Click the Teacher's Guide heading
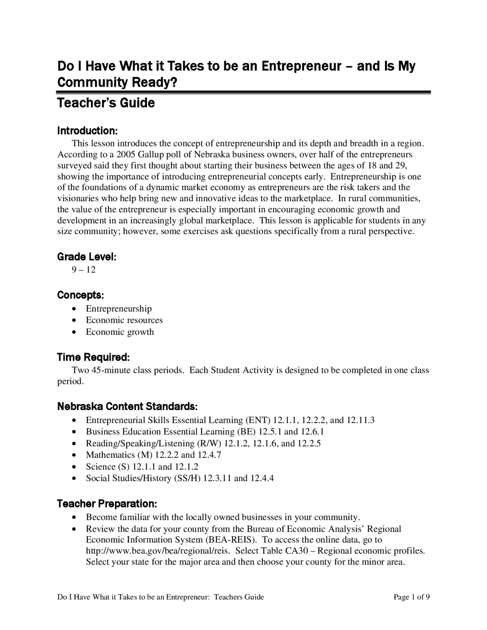106,103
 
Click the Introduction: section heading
87,131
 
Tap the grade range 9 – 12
84,270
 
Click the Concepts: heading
80,295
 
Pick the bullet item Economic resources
124,320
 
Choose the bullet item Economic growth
120,332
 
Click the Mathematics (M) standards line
153,455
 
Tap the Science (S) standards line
142,466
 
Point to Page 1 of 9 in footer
412,597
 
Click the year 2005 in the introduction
126,154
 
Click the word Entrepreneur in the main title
301,67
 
